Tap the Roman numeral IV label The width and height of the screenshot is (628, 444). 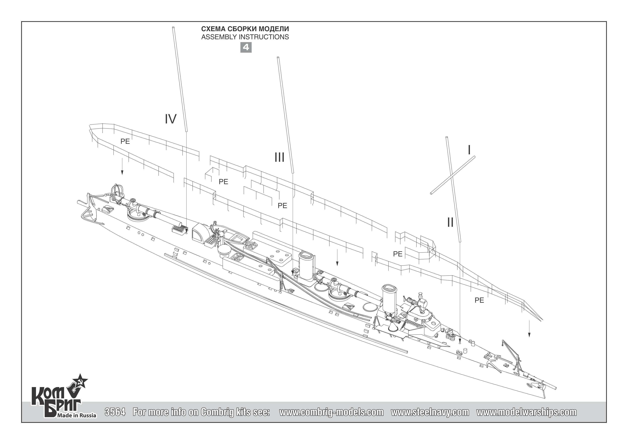pos(170,119)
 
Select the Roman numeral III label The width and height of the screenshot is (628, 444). pos(279,158)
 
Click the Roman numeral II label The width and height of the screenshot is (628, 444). pos(450,222)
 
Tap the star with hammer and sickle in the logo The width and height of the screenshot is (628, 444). pos(80,382)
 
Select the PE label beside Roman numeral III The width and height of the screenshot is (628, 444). pos(282,206)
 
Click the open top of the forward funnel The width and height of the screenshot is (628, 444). pos(390,288)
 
